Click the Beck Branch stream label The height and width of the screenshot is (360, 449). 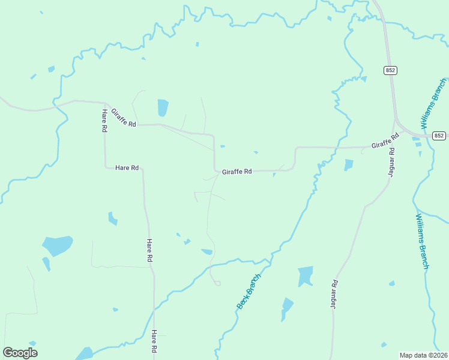[x=249, y=291]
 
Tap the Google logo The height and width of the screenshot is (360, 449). [x=20, y=353]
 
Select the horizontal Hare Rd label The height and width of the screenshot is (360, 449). [x=127, y=168]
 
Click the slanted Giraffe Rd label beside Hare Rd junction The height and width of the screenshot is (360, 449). [x=124, y=117]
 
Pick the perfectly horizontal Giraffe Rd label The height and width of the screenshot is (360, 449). [x=237, y=171]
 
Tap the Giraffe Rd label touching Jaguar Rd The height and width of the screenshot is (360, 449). [x=385, y=142]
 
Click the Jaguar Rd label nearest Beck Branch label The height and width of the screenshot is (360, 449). [x=334, y=294]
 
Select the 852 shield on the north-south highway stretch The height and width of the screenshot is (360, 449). [x=391, y=70]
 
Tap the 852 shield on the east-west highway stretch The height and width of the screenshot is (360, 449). [x=439, y=136]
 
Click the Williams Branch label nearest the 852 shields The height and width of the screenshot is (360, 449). [x=433, y=103]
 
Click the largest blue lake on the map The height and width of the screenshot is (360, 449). [x=57, y=245]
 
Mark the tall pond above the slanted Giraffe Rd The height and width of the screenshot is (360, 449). [x=163, y=108]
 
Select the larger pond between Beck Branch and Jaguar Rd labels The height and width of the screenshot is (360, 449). [x=306, y=275]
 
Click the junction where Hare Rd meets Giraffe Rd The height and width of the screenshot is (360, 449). [x=106, y=103]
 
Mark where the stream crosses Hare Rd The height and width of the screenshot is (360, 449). [x=154, y=310]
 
